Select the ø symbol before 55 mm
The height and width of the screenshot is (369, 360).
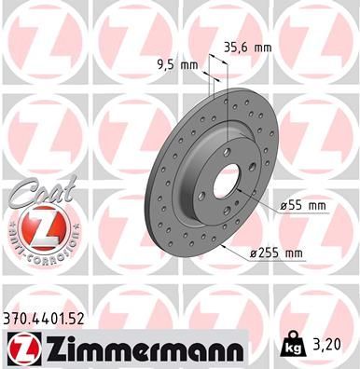(x=283, y=204)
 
